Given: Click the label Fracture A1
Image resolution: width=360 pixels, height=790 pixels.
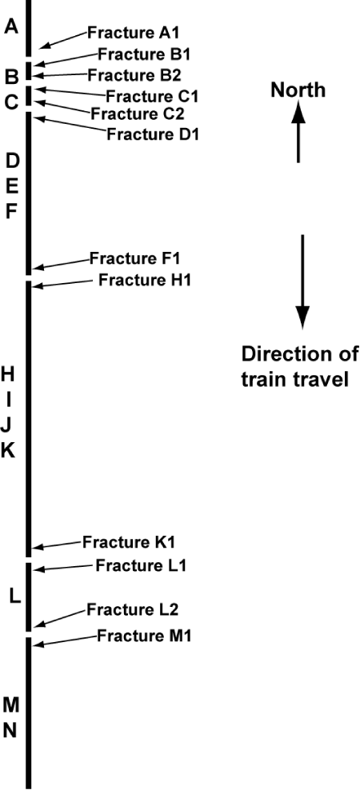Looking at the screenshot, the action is (x=134, y=33).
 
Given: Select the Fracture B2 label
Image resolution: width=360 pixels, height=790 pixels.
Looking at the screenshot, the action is (x=134, y=75).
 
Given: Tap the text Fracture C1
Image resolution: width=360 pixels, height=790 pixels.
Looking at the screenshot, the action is (x=152, y=95).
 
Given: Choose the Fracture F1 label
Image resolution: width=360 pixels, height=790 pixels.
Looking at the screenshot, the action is (x=135, y=258).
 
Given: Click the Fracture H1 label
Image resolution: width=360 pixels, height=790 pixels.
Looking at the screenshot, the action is (x=145, y=279).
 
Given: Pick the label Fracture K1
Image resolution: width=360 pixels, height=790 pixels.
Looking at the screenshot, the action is (x=129, y=542).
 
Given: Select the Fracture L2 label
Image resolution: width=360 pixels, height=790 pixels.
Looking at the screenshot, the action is (x=133, y=609).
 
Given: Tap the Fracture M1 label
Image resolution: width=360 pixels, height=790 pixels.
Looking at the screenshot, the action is (x=144, y=636).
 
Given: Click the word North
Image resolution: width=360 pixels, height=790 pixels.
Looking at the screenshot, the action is (x=298, y=90).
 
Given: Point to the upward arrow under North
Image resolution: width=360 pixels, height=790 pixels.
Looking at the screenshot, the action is (x=298, y=131).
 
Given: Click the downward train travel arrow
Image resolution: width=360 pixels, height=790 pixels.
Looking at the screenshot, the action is (x=302, y=281).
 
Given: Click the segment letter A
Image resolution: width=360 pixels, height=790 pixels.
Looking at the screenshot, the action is (x=11, y=26).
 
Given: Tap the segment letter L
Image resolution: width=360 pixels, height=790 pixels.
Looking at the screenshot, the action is (x=15, y=597).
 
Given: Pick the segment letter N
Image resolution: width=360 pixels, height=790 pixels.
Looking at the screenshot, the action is (x=10, y=730).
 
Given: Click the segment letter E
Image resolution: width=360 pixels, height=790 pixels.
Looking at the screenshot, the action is (x=12, y=186).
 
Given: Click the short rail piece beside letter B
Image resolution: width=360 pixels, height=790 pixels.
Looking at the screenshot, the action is (x=29, y=71).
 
